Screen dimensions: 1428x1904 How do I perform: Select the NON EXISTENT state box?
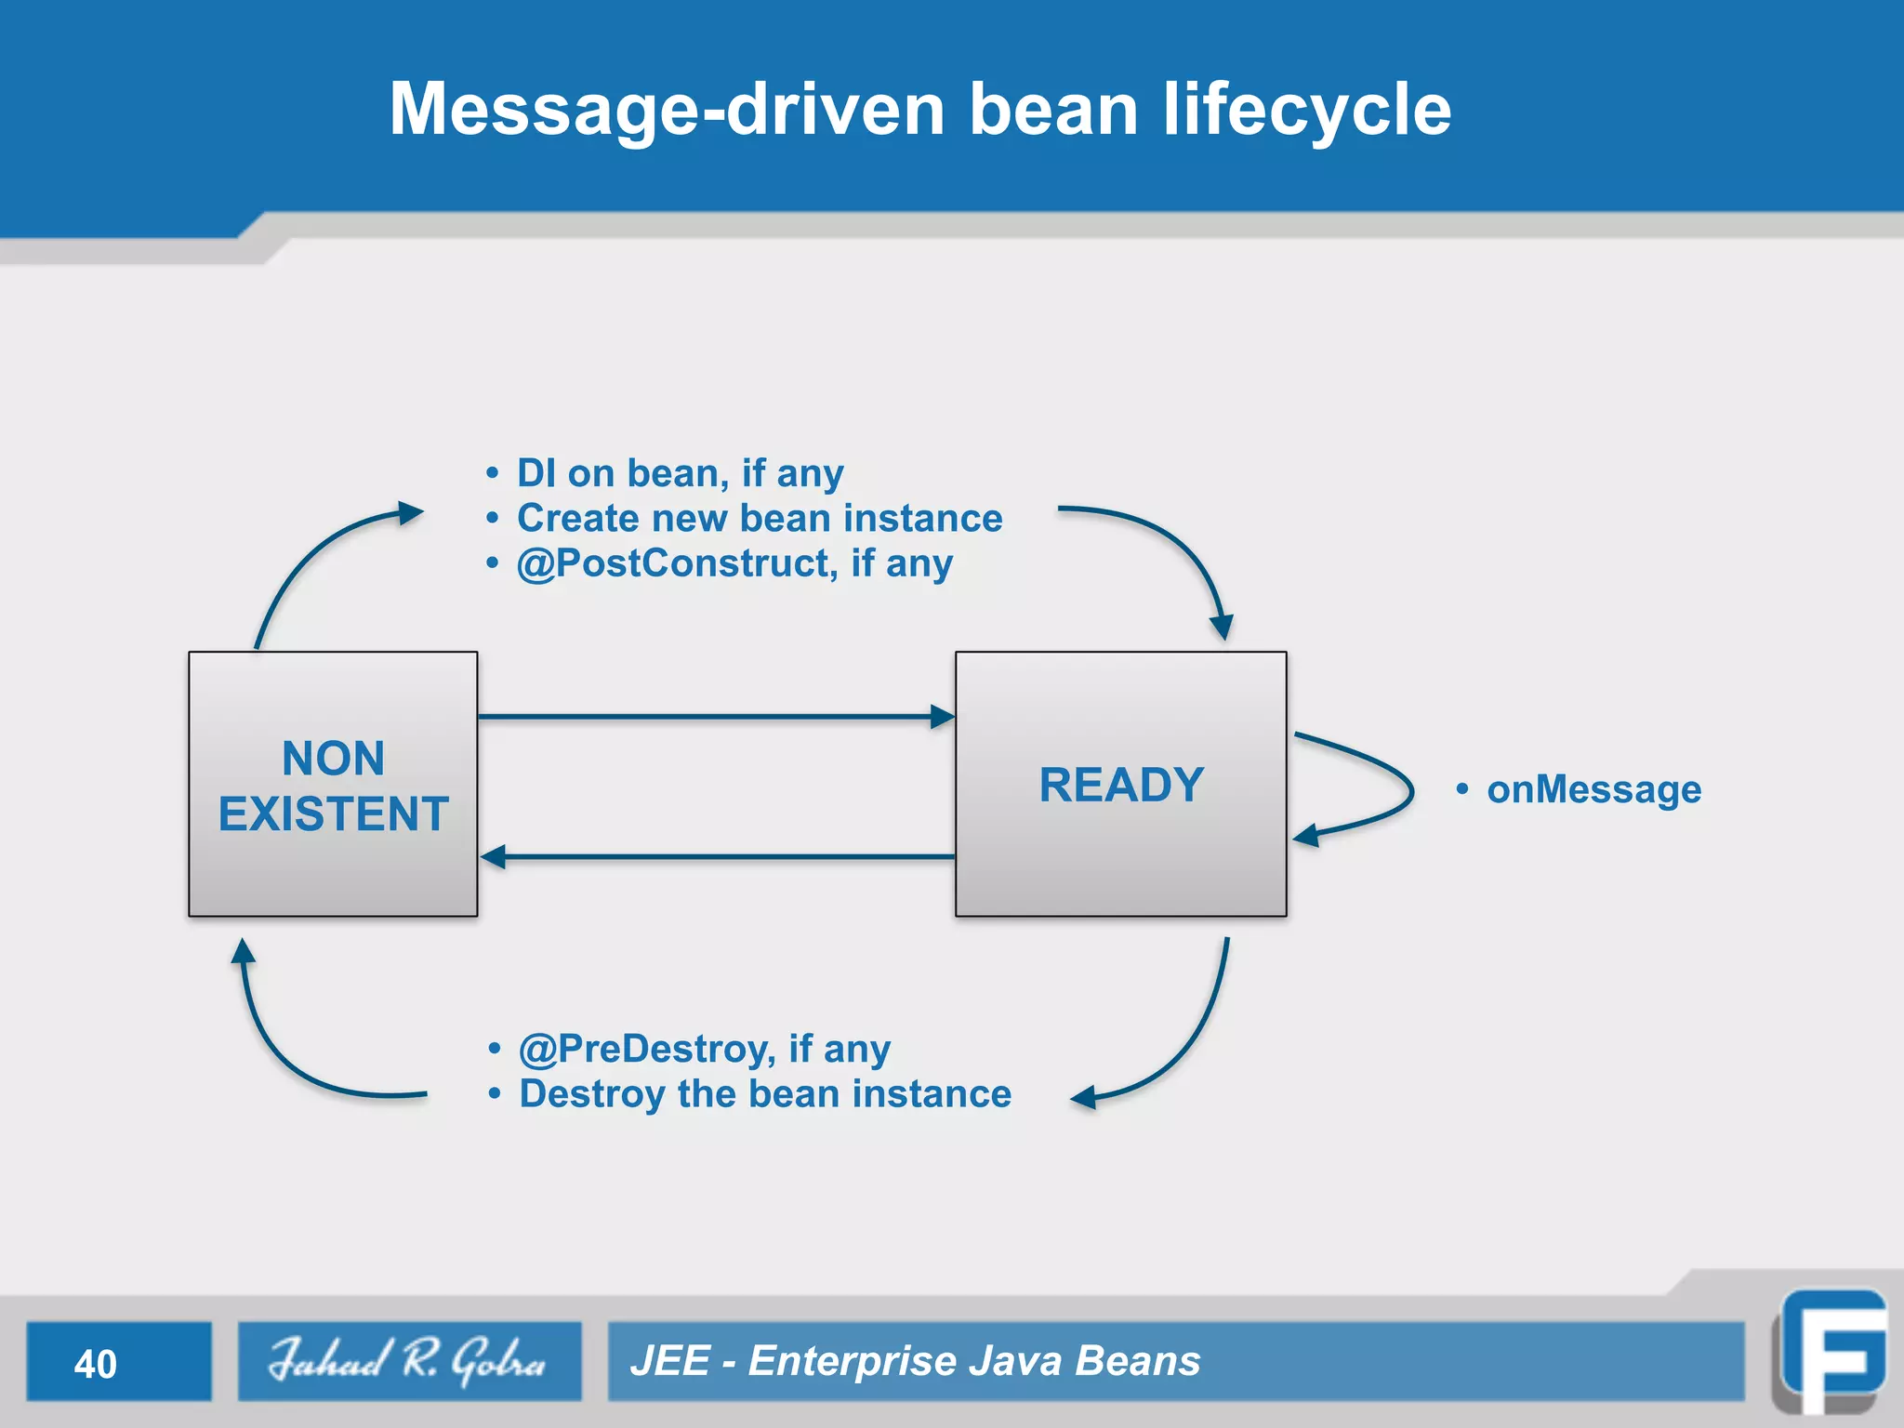click(333, 784)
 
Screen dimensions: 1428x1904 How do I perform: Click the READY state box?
click(1120, 784)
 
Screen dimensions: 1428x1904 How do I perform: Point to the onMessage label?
click(1593, 790)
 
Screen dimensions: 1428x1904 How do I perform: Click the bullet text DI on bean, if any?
click(679, 473)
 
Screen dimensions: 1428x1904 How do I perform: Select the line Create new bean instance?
click(759, 518)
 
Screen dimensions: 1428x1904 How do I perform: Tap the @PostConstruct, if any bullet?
click(734, 563)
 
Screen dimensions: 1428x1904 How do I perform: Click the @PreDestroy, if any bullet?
click(704, 1049)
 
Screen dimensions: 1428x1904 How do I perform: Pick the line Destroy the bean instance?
click(764, 1094)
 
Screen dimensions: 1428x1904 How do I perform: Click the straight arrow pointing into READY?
click(716, 717)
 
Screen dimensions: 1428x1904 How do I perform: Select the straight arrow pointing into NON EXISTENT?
click(716, 856)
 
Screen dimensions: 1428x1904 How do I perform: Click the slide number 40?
click(96, 1364)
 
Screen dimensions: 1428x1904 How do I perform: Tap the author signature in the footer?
click(408, 1361)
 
